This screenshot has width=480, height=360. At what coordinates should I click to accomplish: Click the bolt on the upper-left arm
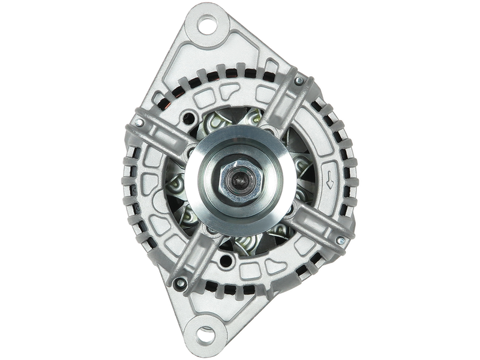point(139,122)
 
